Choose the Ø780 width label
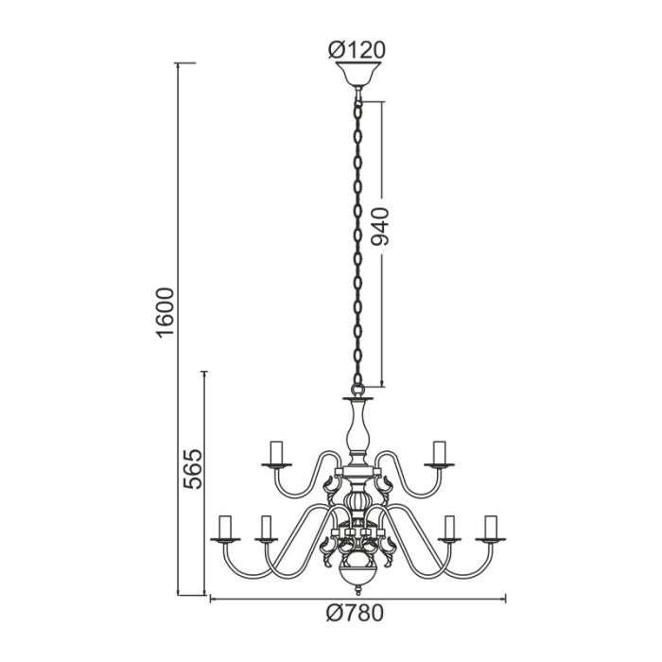click(357, 614)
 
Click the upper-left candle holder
click(277, 454)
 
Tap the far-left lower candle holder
click(226, 529)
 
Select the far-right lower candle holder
click(490, 529)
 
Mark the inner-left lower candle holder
click(266, 529)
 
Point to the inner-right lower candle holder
click(450, 529)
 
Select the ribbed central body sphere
click(357, 496)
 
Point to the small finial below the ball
click(357, 593)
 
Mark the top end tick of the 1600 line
click(186, 63)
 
